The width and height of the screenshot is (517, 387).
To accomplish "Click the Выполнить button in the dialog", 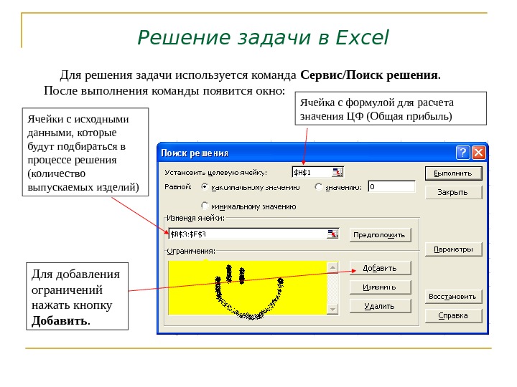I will point(453,173).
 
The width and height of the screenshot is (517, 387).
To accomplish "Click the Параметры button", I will point(453,249).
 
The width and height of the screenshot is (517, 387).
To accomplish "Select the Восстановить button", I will point(453,296).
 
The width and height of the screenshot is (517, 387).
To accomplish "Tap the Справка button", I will point(453,315).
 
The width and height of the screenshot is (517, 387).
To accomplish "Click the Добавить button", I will point(380,268).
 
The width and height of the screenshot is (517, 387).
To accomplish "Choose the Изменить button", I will point(380,287).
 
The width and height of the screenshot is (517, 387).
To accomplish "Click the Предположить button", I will point(380,234).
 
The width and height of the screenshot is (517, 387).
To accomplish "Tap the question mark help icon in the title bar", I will point(464,153).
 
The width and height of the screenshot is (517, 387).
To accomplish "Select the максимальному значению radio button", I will point(205,187).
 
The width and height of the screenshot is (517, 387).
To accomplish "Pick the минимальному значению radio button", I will point(205,206).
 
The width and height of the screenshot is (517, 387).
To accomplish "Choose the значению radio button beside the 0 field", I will point(318,187).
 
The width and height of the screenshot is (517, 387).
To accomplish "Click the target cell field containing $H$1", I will point(311,172).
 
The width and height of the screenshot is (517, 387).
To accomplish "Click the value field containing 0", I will point(391,186).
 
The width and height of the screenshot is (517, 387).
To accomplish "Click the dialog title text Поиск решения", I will point(195,153).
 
